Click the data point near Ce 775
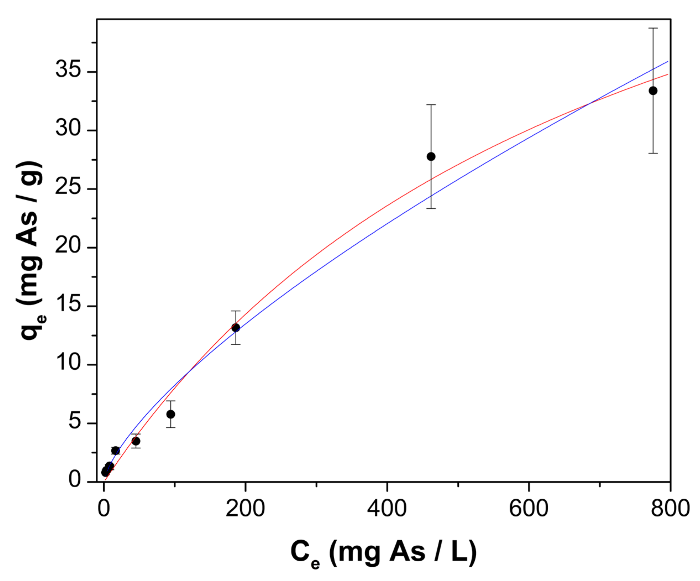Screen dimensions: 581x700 (653, 91)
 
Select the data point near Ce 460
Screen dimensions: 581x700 (431, 156)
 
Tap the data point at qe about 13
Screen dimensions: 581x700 (236, 328)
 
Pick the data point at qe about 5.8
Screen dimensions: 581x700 (171, 414)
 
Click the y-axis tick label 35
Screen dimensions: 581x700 (68, 70)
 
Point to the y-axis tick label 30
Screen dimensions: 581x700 (68, 128)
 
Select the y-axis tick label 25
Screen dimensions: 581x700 (68, 187)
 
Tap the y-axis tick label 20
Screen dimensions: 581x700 (68, 245)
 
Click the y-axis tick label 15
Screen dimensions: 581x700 (68, 304)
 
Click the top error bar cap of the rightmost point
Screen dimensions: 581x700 (653, 28)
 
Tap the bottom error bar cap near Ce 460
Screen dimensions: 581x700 (431, 208)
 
